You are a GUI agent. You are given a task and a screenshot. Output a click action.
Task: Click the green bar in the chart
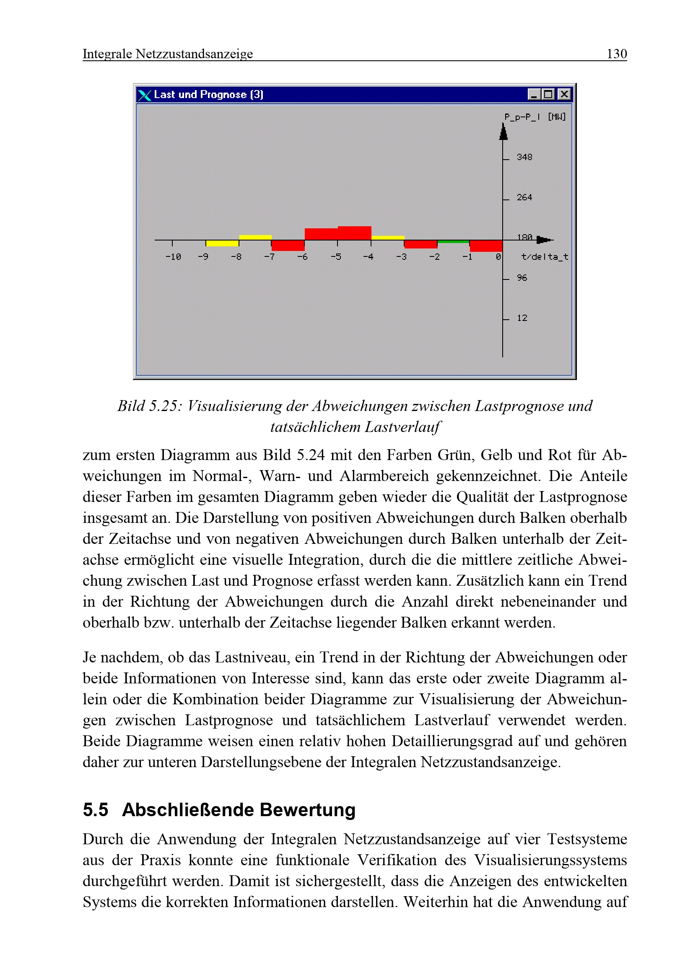453,242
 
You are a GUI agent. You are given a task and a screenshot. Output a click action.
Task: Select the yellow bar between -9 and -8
222,243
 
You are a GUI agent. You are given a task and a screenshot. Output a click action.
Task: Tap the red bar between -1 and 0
486,246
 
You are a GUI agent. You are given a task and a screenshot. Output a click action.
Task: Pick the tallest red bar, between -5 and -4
354,233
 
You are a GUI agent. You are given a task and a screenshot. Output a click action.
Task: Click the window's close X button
564,94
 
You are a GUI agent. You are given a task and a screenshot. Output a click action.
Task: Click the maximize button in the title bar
548,94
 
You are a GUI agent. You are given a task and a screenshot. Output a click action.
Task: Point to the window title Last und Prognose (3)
208,94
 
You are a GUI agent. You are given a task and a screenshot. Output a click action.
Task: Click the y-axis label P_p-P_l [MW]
535,116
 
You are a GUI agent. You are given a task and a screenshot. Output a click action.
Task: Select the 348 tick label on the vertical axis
524,157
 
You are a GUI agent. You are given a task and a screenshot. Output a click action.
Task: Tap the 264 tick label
524,197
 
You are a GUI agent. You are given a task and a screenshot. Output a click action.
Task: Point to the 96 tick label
522,278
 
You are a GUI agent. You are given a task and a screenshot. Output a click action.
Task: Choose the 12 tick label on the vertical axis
522,318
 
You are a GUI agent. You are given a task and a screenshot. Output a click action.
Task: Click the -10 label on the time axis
173,257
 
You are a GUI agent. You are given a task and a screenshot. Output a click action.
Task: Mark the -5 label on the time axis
336,257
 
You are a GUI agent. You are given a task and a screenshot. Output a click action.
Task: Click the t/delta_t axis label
545,257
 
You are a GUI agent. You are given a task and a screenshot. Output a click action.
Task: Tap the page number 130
617,54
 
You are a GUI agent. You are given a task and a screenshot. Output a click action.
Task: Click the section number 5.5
95,810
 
